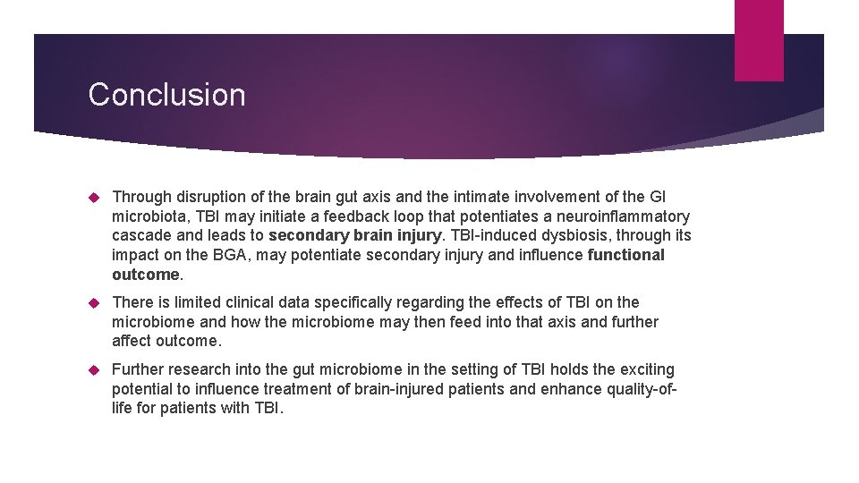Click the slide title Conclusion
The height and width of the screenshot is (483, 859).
point(166,95)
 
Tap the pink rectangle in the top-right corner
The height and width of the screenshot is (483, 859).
point(759,40)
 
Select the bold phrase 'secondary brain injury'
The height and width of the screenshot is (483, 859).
point(354,236)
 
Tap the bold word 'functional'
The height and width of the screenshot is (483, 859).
point(626,255)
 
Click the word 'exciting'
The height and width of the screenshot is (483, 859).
point(644,369)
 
